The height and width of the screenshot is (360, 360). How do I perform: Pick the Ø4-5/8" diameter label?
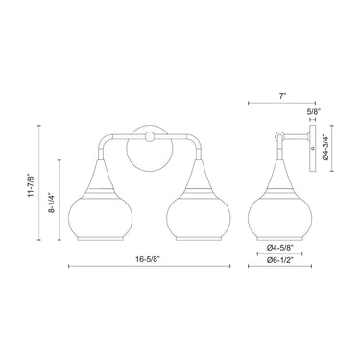coord(278,247)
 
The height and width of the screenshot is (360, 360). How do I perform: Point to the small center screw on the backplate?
coord(150,137)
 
